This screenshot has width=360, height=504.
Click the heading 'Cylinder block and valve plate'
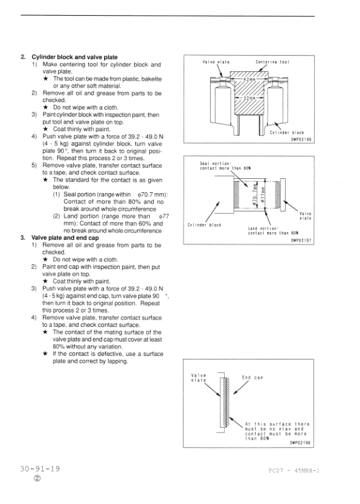pyautogui.click(x=74, y=57)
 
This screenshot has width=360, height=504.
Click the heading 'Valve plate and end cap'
pyautogui.click(x=65, y=238)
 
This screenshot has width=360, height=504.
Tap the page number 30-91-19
pyautogui.click(x=40, y=468)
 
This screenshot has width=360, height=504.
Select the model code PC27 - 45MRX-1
pyautogui.click(x=294, y=471)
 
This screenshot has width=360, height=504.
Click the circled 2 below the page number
pyautogui.click(x=37, y=479)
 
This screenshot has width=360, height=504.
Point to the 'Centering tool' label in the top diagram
pyautogui.click(x=272, y=62)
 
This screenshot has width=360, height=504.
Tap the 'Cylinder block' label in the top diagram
pyautogui.click(x=287, y=132)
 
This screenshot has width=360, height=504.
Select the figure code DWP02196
pyautogui.click(x=301, y=139)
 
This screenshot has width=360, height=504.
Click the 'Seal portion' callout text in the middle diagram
pyautogui.click(x=225, y=166)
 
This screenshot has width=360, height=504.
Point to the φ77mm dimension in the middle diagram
pyautogui.click(x=263, y=195)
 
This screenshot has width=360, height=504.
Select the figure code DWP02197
pyautogui.click(x=301, y=241)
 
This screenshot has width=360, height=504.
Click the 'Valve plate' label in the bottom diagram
pyautogui.click(x=199, y=378)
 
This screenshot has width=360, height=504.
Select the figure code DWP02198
pyautogui.click(x=300, y=442)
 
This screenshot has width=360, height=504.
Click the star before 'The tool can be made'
pyautogui.click(x=46, y=79)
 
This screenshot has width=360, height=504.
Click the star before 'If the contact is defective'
pyautogui.click(x=45, y=354)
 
